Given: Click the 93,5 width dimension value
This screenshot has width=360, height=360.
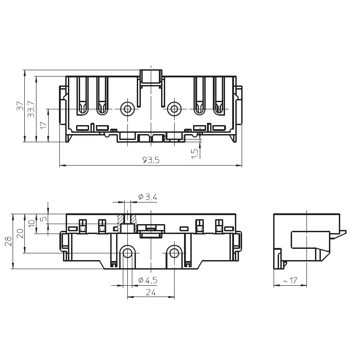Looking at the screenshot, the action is [x=151, y=160].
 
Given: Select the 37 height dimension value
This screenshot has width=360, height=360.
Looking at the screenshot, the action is [x=20, y=106].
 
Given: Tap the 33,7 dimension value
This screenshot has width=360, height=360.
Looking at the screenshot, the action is [x=31, y=109].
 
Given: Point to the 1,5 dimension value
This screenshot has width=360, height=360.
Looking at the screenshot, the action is [x=194, y=153].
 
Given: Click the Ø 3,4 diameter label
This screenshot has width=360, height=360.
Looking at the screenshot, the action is [x=148, y=197].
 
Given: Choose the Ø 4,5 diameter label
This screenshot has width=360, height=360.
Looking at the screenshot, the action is [x=148, y=280].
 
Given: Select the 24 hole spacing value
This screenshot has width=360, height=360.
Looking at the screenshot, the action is [x=151, y=292].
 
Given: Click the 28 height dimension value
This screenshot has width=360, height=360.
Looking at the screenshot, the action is [x=9, y=241].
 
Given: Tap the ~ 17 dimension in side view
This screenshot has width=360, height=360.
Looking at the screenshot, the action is [x=290, y=280].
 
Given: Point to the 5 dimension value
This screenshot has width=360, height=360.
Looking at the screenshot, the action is [x=44, y=218].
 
